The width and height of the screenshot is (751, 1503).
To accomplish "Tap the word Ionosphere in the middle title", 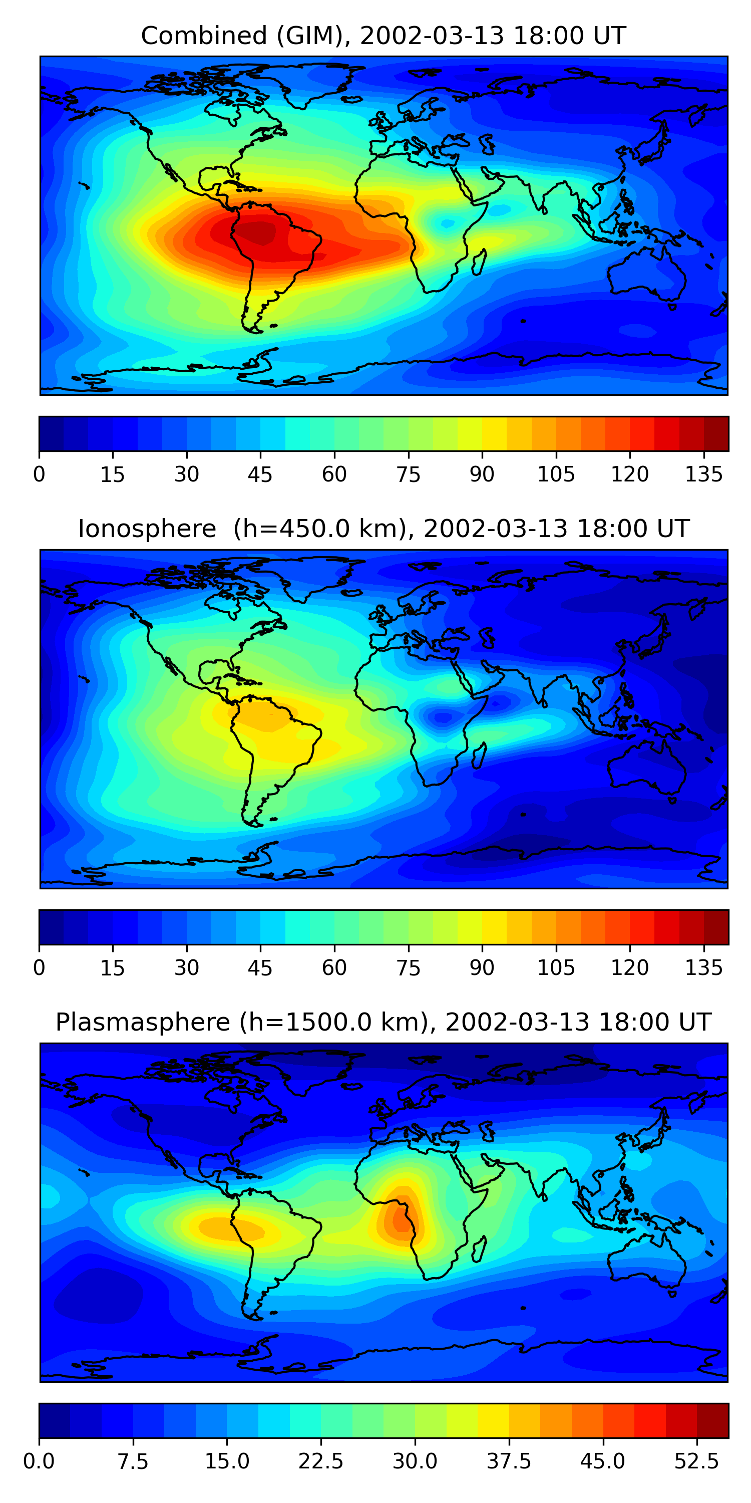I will tap(147, 529).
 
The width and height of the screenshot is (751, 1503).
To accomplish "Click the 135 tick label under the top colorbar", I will tap(704, 474).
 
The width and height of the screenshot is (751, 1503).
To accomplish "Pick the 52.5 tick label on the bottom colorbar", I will tap(696, 1461).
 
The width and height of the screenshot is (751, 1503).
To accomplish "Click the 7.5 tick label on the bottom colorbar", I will tap(133, 1461).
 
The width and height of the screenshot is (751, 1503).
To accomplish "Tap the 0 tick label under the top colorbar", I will tap(39, 474).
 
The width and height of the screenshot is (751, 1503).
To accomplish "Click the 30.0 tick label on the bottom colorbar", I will tap(415, 1461).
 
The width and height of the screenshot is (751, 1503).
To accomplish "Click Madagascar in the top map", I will tap(479, 263).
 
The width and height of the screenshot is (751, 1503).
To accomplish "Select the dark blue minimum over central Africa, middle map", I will tap(443, 717).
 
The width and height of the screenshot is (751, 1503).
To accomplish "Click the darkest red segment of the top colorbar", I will tap(716, 433).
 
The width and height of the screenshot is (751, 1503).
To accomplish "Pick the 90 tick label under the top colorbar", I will tap(482, 474).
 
